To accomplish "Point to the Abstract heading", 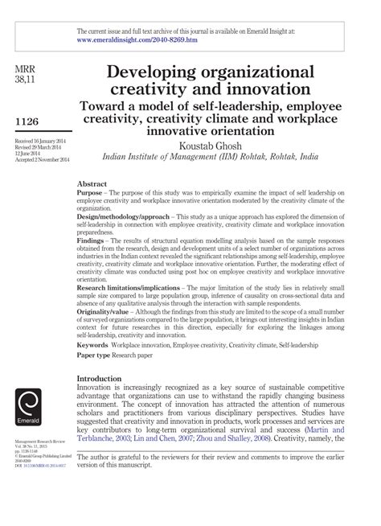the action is pyautogui.click(x=92, y=183).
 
